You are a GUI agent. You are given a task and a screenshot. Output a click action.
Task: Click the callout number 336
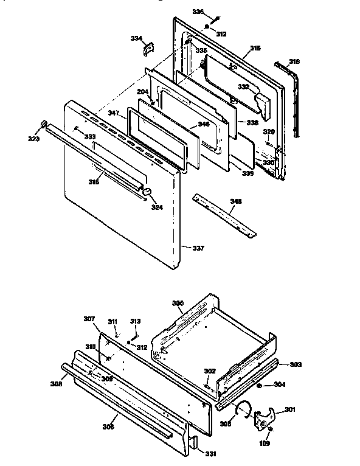click(x=198, y=12)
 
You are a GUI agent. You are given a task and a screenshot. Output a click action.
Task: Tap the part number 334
click(x=136, y=38)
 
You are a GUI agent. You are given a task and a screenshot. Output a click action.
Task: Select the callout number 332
click(x=243, y=88)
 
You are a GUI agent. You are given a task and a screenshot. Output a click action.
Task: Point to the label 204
click(x=142, y=92)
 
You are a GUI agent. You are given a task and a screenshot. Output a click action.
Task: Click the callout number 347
click(x=114, y=113)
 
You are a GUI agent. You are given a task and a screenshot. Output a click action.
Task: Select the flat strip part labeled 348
click(x=225, y=216)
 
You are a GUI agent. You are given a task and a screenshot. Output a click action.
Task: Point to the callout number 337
click(x=198, y=248)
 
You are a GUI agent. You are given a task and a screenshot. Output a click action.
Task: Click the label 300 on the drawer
click(x=178, y=303)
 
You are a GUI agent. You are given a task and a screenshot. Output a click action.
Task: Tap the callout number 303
click(x=295, y=364)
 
